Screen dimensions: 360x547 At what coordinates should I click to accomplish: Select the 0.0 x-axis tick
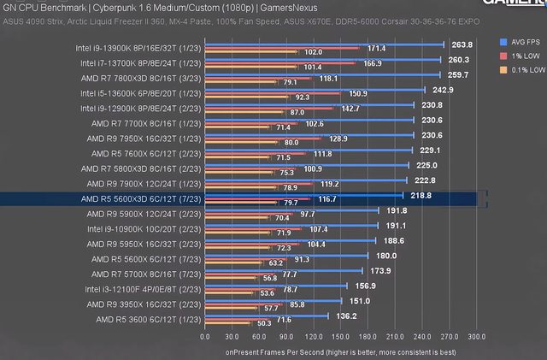pos(205,337)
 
